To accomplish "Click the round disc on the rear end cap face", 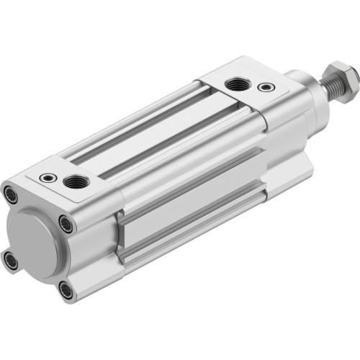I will coord(32,232).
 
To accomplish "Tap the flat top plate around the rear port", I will coord(79,170).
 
